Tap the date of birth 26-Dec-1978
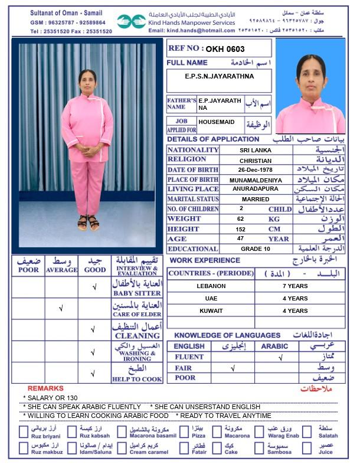click(256, 169)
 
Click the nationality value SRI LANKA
click(256, 150)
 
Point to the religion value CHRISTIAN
click(256, 160)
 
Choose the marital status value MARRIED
click(256, 199)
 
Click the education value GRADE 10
click(256, 249)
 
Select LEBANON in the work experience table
click(211, 286)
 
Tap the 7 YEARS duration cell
click(295, 286)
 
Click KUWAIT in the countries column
click(211, 311)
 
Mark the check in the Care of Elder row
click(61, 308)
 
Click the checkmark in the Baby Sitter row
click(94, 287)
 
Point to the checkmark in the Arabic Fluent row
click(280, 357)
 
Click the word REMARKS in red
click(45, 388)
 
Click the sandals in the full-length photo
click(88, 223)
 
